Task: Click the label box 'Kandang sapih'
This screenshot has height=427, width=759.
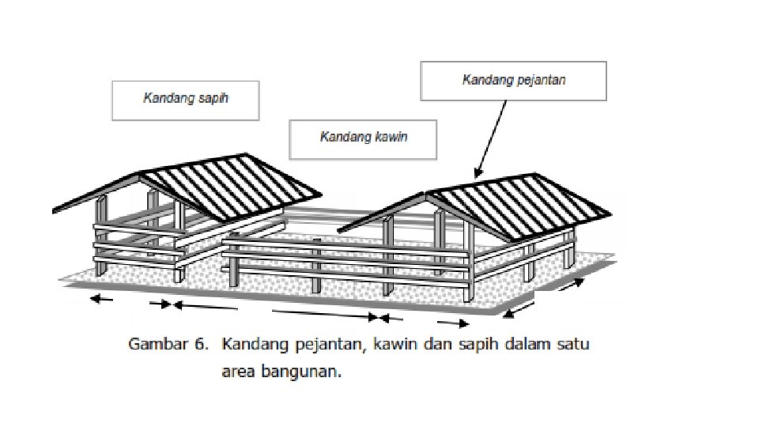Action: point(186,100)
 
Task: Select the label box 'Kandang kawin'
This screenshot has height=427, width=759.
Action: point(363,138)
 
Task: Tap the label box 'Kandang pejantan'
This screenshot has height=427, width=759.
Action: point(513,81)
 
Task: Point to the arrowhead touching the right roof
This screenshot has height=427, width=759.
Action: point(476,173)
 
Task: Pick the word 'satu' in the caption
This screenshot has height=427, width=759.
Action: point(571,345)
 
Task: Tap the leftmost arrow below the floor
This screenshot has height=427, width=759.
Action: point(100,299)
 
